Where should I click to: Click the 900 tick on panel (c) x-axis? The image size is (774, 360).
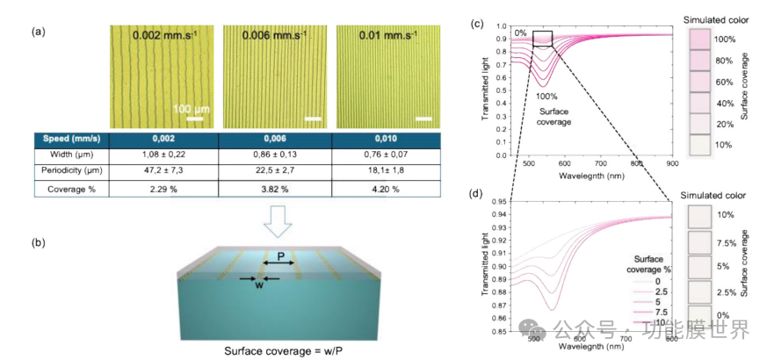point(671,162)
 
